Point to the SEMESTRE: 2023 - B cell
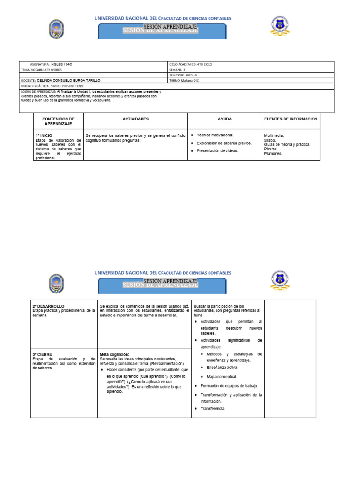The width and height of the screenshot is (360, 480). point(183,75)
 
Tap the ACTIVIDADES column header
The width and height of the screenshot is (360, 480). point(135,119)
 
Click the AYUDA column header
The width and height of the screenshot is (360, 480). point(225,119)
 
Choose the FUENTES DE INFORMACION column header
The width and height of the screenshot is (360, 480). point(291,119)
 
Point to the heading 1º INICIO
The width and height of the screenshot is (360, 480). point(44,135)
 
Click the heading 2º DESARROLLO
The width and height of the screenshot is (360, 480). point(49,306)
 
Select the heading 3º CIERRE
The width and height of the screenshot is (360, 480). point(43,354)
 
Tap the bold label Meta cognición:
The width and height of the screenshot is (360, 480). point(114,354)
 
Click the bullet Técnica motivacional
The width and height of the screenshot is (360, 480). point(215,135)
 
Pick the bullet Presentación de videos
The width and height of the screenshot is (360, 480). point(217,150)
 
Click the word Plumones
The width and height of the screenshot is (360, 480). point(273,153)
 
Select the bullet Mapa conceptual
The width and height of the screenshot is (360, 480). point(222,376)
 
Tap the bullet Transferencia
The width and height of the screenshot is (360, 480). point(213,408)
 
